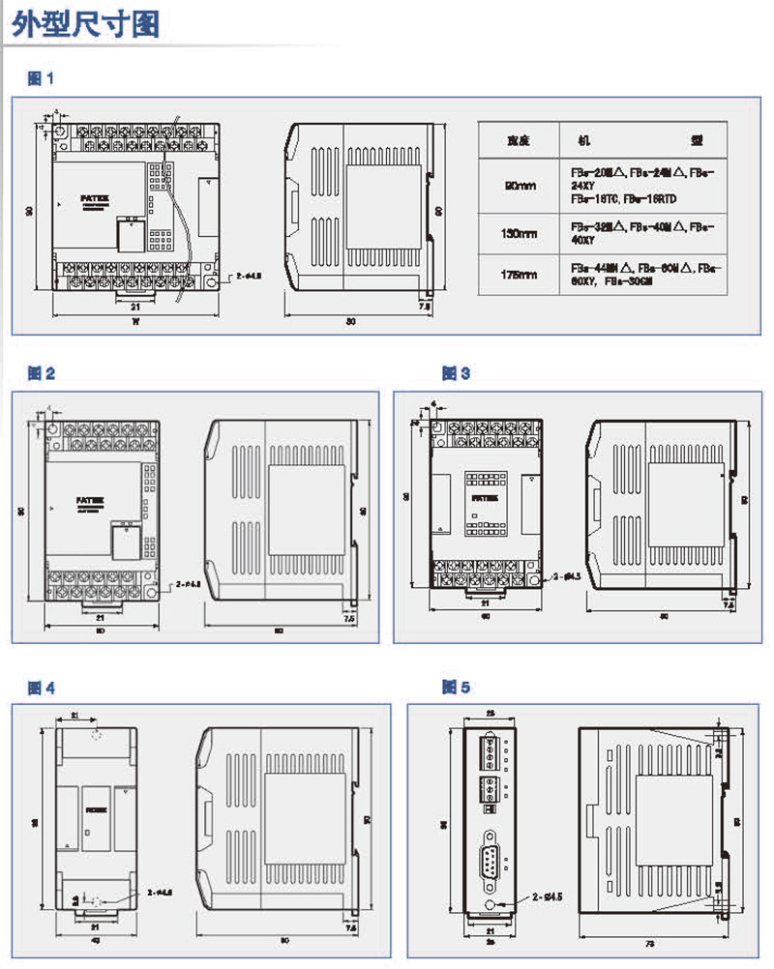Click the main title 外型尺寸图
[85, 24]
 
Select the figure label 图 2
[42, 372]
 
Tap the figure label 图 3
[456, 372]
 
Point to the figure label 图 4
[42, 688]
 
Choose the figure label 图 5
[456, 688]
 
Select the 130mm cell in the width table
[521, 233]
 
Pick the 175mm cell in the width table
[521, 275]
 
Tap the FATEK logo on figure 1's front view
[89, 194]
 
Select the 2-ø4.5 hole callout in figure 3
[568, 576]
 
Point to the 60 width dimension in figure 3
[474, 615]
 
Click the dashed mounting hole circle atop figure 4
[95, 735]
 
